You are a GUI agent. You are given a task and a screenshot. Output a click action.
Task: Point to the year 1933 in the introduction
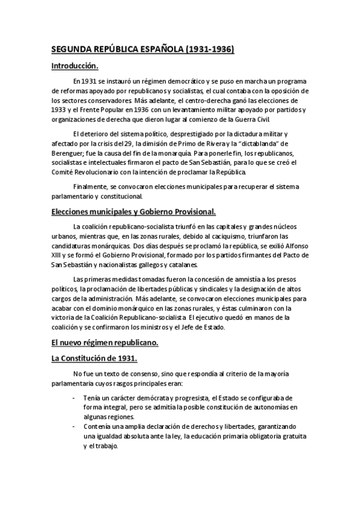click(x=59, y=109)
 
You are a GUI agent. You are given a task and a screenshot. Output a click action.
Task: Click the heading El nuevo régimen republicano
click(x=104, y=343)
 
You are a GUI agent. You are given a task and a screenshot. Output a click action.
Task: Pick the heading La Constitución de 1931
click(x=94, y=358)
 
